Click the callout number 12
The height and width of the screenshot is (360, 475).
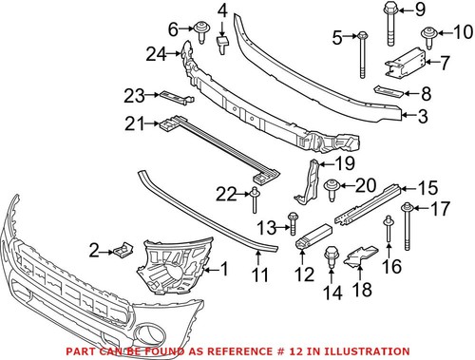coord(304,275)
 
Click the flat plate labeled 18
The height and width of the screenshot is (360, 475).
coord(359,256)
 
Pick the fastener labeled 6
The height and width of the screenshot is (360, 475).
coord(202,30)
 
